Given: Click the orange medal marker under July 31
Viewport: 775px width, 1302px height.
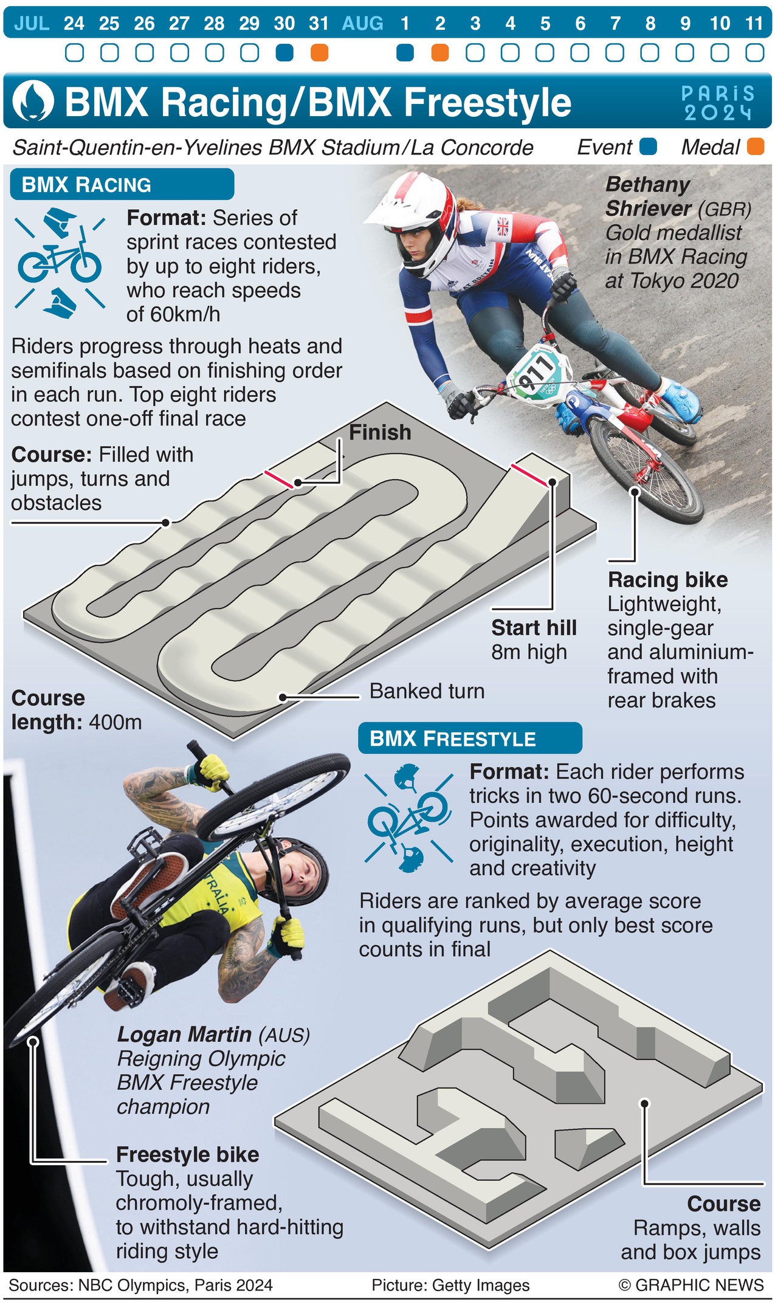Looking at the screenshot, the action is point(319,53).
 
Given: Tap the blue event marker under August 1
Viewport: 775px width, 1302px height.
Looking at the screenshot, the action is point(405,53).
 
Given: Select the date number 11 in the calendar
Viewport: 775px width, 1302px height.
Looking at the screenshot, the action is point(754,23).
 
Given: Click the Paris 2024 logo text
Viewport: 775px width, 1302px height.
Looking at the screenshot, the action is point(718,103).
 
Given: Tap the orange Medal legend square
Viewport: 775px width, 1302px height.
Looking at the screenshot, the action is point(756,146).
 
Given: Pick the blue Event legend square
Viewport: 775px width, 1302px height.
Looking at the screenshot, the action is point(649,146).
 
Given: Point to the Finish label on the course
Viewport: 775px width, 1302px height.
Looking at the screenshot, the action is point(380,432).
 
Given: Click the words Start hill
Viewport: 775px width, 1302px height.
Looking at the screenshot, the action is point(534,627).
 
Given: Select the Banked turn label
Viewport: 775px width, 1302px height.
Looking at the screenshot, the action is point(427,691).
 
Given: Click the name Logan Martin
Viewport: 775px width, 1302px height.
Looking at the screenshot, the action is point(184,1034).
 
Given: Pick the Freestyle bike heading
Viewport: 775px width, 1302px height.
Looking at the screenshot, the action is point(187,1154).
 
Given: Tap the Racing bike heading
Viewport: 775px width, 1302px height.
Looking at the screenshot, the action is point(667,579).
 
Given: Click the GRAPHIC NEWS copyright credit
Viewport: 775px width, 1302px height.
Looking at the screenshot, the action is point(691,1285).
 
